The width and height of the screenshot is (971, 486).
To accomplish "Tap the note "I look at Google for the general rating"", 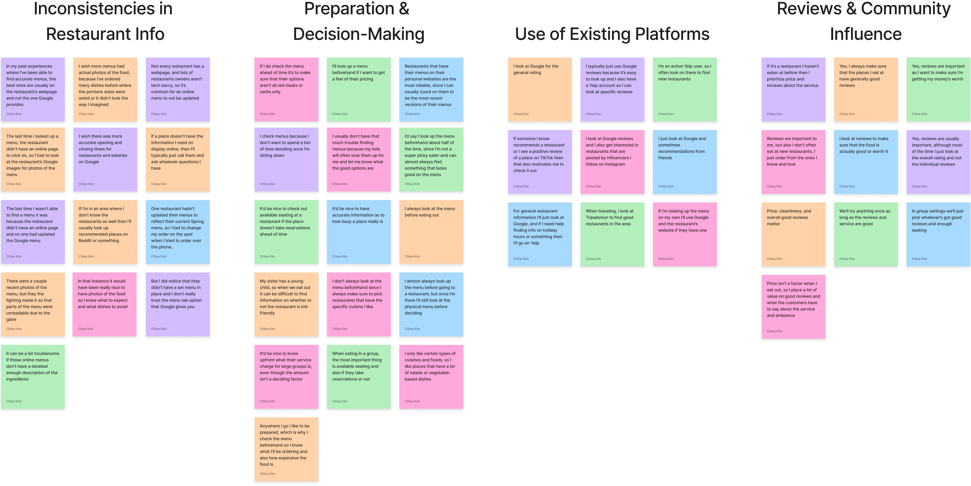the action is coord(540,89).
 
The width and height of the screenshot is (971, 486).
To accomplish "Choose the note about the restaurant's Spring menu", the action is coord(178,232).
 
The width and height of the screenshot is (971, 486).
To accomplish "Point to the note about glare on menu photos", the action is coord(33,304).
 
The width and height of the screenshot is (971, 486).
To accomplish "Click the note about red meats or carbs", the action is coord(286,89).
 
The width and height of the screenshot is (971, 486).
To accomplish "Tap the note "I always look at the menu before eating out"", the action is coord(431,232).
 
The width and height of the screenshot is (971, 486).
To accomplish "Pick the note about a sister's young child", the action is coord(286,304).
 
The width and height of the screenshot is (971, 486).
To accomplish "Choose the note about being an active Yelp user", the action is coord(685,89).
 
